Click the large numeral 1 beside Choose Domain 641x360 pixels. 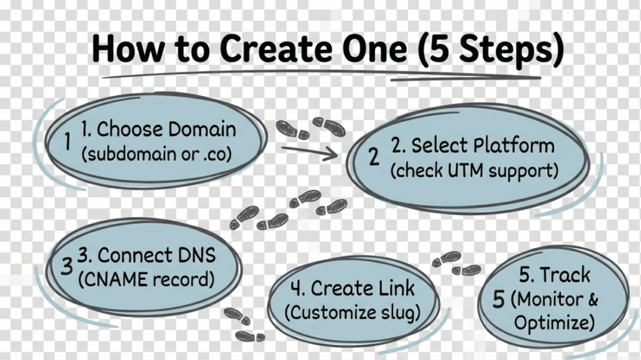[68, 142]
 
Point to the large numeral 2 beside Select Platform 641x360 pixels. [374, 157]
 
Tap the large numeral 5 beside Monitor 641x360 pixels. [498, 299]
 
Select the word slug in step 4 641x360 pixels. [398, 311]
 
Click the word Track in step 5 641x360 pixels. [565, 275]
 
